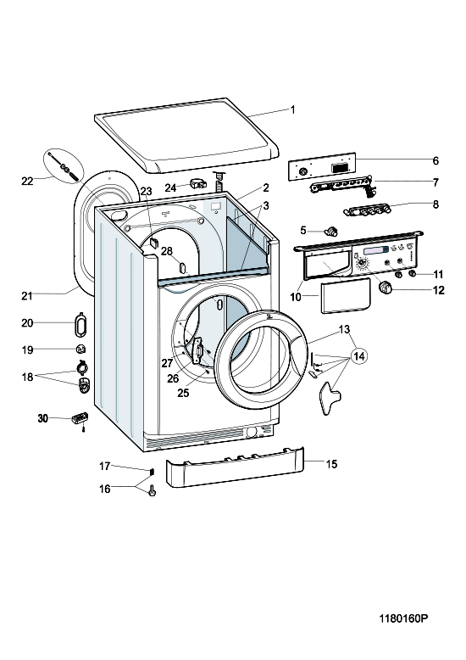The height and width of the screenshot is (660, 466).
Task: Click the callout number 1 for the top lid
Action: coord(292,110)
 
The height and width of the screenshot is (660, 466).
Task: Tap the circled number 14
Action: coord(358,356)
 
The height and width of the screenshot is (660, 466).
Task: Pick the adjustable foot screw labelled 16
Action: coord(152,490)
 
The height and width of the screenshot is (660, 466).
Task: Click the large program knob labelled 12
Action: coord(386,288)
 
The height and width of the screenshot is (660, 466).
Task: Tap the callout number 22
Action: coord(27,181)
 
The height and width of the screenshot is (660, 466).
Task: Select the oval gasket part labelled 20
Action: coord(80,324)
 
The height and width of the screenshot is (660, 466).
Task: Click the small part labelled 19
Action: coord(81,349)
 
